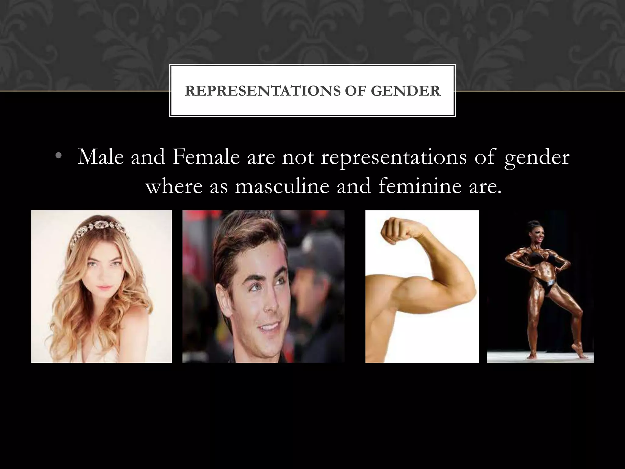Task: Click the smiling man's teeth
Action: [268, 328]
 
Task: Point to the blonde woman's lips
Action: [99, 288]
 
